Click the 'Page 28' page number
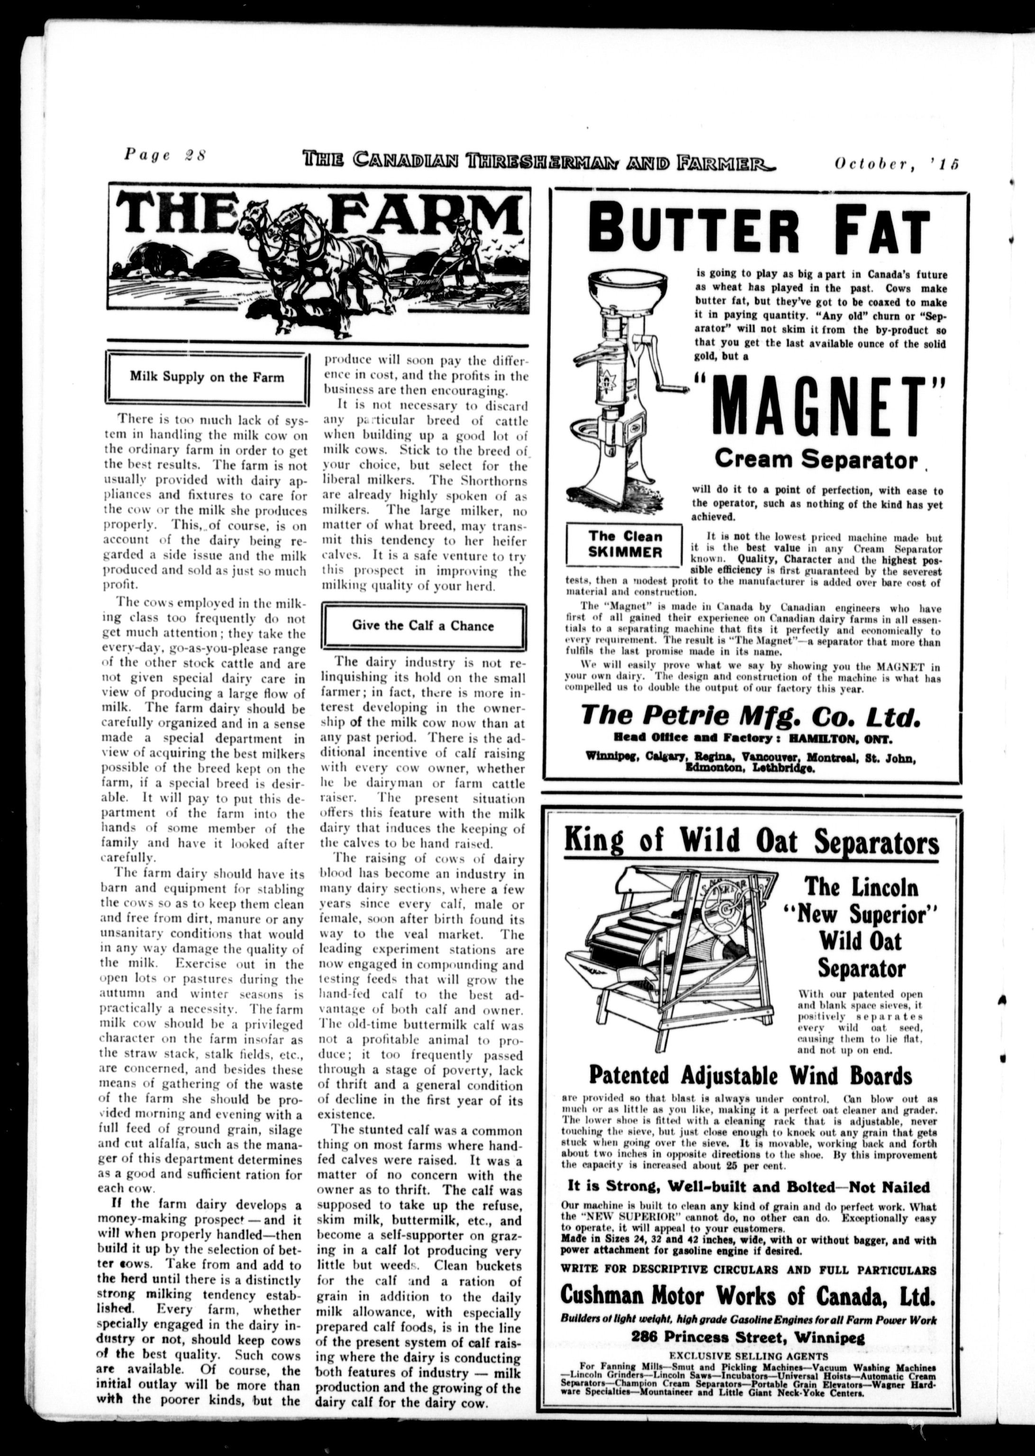click(165, 155)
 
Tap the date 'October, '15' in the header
click(897, 164)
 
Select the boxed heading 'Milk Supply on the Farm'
click(207, 377)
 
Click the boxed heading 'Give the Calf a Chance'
click(423, 626)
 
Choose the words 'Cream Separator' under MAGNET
click(816, 459)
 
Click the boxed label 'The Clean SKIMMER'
click(625, 544)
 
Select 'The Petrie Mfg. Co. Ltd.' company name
click(751, 716)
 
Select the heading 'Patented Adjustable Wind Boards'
click(750, 1075)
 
